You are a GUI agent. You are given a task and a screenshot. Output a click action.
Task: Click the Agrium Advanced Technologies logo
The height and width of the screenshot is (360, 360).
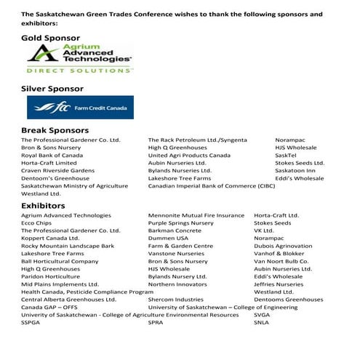tap(79, 60)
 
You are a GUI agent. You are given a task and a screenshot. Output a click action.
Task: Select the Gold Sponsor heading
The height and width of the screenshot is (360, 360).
tap(50, 36)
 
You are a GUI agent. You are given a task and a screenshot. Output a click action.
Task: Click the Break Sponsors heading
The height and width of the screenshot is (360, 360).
tap(55, 129)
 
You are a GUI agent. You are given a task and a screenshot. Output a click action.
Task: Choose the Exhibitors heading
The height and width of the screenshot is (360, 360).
tap(43, 205)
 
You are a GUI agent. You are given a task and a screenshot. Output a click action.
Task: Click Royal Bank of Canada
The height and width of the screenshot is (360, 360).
tap(52, 155)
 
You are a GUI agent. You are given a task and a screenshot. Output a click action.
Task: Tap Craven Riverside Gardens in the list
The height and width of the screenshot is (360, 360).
tap(58, 170)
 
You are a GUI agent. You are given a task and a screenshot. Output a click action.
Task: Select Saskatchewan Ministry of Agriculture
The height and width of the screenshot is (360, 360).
tap(74, 185)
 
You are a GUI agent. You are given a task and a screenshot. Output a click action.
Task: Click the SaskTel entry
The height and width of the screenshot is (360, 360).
tap(286, 155)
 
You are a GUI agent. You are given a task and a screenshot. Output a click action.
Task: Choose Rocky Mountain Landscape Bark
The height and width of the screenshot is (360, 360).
tap(68, 246)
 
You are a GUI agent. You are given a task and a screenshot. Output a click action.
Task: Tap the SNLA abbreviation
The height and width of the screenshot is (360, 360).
tap(262, 321)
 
